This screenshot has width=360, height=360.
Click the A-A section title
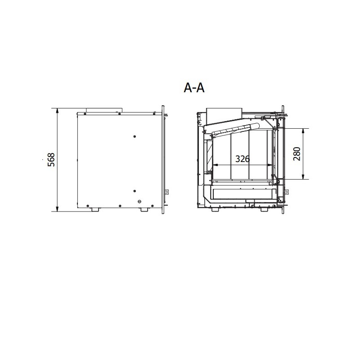(194, 88)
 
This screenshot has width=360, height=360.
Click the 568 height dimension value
(51, 160)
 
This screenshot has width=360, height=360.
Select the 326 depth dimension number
(243, 159)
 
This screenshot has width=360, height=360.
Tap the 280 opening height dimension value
(297, 154)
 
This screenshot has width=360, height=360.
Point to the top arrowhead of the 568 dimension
(57, 111)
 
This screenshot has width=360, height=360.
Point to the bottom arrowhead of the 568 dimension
(57, 209)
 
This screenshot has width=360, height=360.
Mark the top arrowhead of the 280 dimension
(303, 131)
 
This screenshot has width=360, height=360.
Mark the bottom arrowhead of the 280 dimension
(303, 176)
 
